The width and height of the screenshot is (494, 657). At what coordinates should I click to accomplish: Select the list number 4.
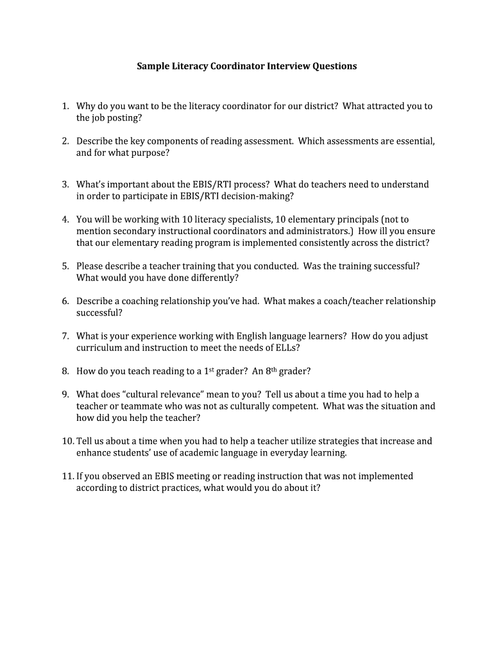click(65, 219)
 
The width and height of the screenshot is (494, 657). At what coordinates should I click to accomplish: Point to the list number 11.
click(67, 476)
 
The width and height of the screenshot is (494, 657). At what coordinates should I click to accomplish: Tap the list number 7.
click(65, 336)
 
